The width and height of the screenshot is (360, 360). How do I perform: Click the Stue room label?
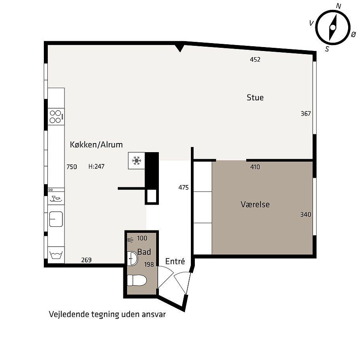(255, 98)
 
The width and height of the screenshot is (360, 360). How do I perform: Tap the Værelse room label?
(255, 204)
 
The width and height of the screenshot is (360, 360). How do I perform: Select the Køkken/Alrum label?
(96, 145)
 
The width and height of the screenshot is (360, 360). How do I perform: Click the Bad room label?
(144, 252)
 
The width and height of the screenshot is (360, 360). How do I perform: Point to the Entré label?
(175, 261)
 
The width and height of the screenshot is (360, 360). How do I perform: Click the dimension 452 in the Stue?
(255, 60)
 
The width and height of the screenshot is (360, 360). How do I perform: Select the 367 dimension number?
(305, 114)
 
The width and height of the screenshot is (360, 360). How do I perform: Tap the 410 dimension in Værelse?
(255, 167)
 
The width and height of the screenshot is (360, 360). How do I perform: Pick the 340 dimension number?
(305, 215)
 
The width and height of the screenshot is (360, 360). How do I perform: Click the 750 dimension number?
(72, 167)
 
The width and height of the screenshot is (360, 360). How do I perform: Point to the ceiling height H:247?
(96, 166)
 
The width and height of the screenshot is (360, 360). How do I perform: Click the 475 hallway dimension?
(183, 188)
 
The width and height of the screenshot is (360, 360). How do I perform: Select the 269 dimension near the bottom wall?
(86, 260)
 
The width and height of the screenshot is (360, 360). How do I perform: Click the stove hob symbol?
(56, 117)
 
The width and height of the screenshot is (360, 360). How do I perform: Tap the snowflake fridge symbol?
(137, 161)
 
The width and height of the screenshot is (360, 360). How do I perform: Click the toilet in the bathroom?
(137, 280)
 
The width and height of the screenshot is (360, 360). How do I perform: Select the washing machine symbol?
(56, 255)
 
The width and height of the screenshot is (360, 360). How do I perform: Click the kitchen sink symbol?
(56, 219)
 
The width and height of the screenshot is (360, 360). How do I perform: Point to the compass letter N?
(338, 6)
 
